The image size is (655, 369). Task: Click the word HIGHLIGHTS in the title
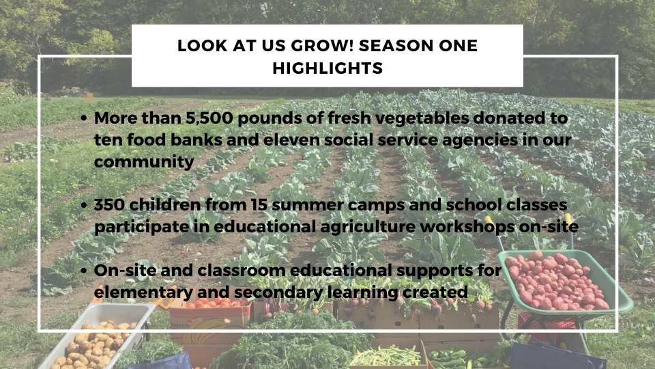pyautogui.click(x=327, y=68)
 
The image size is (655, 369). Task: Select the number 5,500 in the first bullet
pyautogui.click(x=209, y=118)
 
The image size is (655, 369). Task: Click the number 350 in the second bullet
pyautogui.click(x=109, y=204)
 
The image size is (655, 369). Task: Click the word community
pyautogui.click(x=144, y=162)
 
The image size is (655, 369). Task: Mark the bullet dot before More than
pyautogui.click(x=84, y=119)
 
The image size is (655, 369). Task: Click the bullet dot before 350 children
pyautogui.click(x=84, y=206)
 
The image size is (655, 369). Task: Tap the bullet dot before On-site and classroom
pyautogui.click(x=84, y=271)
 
